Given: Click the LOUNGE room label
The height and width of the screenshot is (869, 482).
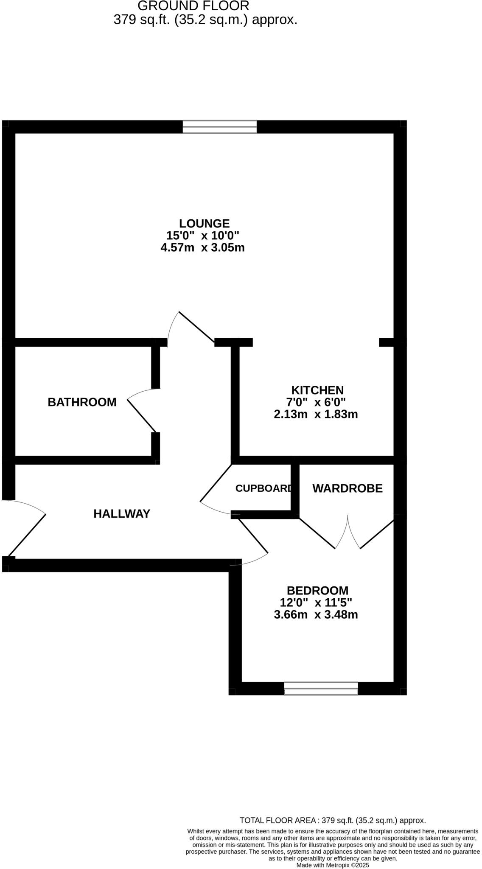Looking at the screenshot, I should (x=204, y=224).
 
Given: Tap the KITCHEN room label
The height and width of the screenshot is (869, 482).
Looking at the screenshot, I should (x=317, y=390).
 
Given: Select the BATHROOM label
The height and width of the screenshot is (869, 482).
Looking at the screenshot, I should (x=82, y=402).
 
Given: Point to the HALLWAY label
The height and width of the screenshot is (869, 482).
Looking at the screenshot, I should (x=122, y=514).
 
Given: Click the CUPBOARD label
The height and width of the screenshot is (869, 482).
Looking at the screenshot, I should (x=263, y=488).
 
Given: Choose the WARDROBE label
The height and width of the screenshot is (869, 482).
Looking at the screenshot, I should (x=347, y=489).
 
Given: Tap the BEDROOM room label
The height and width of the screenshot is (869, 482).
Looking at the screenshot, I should (x=317, y=591).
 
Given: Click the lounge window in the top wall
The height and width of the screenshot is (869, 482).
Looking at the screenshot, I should (x=220, y=127).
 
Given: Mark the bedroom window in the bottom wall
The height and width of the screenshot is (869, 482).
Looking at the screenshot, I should (x=321, y=688).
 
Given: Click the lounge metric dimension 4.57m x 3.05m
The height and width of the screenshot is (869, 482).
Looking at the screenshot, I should (x=203, y=248).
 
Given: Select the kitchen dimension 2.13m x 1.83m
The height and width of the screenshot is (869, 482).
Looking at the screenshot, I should (x=316, y=414).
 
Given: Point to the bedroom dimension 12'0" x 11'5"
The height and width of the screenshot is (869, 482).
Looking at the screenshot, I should (x=316, y=603).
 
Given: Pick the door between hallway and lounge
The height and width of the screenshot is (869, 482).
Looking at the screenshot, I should (x=196, y=327).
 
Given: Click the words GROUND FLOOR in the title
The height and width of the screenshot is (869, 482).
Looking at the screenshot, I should (x=193, y=6).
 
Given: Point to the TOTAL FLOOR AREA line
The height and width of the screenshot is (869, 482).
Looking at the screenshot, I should (x=333, y=821).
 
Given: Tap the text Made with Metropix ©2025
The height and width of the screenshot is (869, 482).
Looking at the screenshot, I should (x=333, y=865).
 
